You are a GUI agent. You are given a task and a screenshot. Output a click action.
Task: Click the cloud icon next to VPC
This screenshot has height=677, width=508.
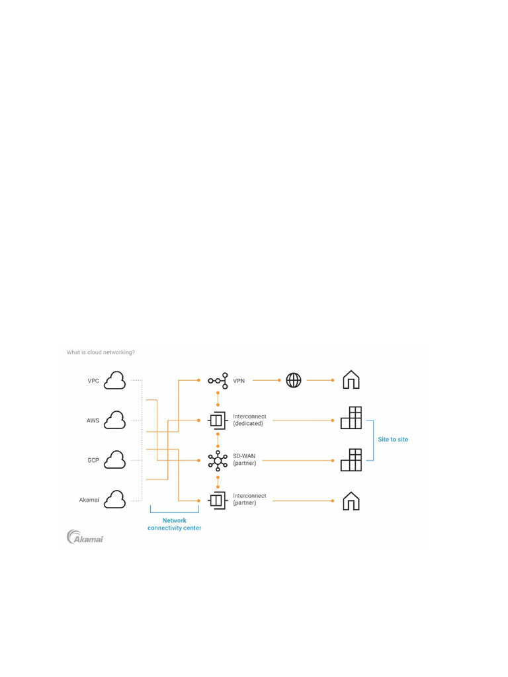point(116,380)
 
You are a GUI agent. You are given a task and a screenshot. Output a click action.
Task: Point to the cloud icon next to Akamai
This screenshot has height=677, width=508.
point(116,499)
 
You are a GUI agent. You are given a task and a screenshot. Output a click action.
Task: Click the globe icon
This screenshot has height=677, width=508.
point(294,380)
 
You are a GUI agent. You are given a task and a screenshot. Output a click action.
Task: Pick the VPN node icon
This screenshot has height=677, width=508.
point(217,381)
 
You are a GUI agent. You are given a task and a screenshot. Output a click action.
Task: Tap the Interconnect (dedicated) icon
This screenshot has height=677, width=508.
point(217,420)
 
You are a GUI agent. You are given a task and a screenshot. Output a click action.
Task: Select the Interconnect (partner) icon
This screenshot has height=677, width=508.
point(217,500)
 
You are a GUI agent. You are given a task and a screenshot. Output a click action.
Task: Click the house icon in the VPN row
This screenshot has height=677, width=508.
point(351,379)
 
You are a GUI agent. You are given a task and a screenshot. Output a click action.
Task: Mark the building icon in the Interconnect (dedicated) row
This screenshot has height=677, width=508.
point(351,418)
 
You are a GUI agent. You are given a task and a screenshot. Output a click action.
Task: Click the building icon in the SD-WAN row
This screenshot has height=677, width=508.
point(351,459)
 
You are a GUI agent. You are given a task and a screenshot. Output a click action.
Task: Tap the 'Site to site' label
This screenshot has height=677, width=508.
point(393,439)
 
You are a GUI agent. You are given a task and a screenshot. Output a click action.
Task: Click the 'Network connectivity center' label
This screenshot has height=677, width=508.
point(175,524)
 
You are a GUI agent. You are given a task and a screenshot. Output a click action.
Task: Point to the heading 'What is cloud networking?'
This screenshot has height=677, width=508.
point(101,352)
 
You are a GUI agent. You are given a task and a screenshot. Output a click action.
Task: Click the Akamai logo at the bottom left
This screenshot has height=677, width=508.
point(85,537)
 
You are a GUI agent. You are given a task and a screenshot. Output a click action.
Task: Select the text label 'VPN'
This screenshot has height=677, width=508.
point(239,381)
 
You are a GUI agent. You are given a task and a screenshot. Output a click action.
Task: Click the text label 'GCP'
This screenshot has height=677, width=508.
point(93,459)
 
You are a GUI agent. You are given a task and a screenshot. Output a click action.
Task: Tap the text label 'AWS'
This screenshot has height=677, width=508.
point(93,420)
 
